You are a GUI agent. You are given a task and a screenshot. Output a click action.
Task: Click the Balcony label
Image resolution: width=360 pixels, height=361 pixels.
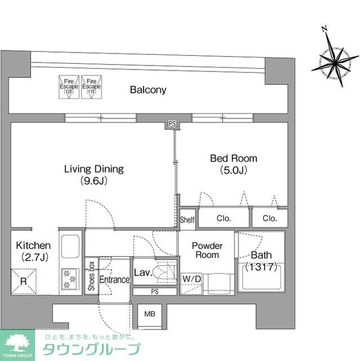pos(148,90)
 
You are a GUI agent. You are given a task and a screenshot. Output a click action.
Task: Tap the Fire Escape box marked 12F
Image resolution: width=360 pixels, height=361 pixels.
pos(69,87)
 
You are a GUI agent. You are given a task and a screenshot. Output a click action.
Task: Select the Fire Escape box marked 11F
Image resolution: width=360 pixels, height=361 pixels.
pos(90,87)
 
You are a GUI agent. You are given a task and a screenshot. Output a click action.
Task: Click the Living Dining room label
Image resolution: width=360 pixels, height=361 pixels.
pos(94,174)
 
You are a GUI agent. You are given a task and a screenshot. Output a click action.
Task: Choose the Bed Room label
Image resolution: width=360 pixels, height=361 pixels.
pos(233,164)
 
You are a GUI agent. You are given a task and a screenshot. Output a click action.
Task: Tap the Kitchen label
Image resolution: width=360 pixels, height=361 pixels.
pos(33,251)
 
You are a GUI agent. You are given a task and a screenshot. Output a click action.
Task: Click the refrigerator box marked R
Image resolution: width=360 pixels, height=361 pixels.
pos(24,280)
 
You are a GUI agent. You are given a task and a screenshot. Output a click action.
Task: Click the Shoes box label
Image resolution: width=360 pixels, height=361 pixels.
pos(91,276)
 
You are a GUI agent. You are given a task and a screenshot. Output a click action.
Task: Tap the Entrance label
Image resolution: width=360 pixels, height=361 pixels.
pos(115,280)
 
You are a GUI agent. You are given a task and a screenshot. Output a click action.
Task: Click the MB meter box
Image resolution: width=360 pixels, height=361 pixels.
pos(150,314)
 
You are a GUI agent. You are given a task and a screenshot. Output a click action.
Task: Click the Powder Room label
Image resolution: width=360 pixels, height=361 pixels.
pos(206,250)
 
